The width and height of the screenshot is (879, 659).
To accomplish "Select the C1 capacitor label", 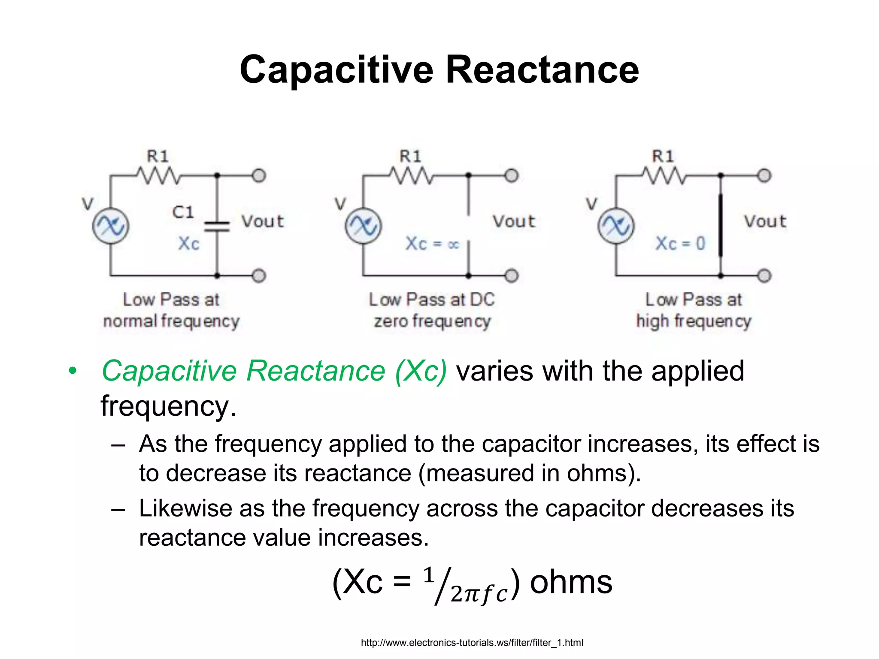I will coord(183,212).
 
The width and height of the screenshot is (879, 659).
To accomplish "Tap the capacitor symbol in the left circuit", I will coord(217,227).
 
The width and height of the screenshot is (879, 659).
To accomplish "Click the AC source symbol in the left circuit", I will coord(111,226).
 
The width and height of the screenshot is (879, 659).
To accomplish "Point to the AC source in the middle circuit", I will coord(363,226).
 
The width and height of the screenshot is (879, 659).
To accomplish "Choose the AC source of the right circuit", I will coord(615,226).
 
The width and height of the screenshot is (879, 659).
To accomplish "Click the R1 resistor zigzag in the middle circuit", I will coord(411,175).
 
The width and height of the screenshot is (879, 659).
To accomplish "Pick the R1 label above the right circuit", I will coord(663,156).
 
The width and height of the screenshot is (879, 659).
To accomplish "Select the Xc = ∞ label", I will coord(432,244).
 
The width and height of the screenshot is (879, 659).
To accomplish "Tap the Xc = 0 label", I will coord(680,244).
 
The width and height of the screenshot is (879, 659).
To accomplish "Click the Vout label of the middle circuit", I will coord(514,221).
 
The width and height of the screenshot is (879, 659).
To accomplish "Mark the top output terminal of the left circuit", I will coord(259,175).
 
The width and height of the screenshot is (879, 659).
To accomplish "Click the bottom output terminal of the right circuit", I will coord(764,275).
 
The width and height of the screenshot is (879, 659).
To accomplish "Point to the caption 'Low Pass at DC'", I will coord(432,299).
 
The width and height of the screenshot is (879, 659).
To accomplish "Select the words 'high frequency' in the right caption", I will coord(694,321).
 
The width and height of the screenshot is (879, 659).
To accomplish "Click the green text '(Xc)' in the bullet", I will coord(421,371).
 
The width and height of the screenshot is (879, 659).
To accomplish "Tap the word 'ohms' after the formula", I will coord(571,583).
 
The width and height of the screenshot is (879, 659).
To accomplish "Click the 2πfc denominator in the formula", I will coord(479,594).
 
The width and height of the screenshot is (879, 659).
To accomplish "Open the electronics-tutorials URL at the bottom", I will coord(472,643).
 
